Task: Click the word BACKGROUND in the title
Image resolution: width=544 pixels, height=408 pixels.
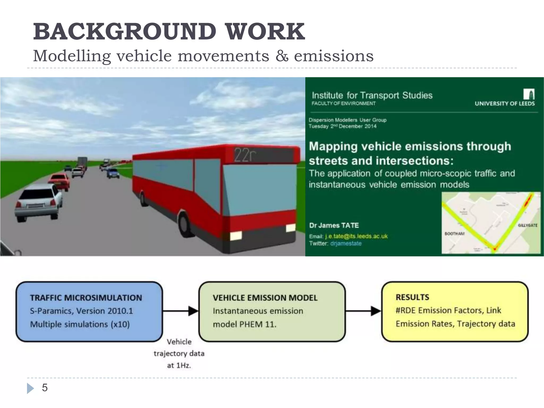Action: (x=125, y=32)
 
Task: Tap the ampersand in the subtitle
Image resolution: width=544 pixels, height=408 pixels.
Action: (x=282, y=56)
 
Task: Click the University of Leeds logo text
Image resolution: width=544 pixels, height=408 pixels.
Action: (x=504, y=104)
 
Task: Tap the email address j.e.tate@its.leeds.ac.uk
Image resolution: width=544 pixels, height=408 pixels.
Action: (x=356, y=236)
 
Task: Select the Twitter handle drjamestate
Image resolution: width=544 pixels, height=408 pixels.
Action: (x=346, y=244)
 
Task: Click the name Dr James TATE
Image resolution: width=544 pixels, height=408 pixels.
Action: (x=334, y=226)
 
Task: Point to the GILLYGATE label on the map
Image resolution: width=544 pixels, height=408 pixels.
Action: (x=527, y=225)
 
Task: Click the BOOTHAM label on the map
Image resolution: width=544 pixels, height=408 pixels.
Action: (x=454, y=234)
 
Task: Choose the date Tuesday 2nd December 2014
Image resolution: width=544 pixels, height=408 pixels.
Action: (x=342, y=126)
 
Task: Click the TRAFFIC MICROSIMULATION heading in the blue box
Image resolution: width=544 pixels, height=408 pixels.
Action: (x=86, y=298)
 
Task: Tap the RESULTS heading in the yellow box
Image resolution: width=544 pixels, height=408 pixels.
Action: (x=412, y=297)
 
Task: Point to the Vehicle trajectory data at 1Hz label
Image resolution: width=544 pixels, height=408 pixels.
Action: (x=179, y=354)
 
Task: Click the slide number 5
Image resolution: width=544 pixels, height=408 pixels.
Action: (x=45, y=388)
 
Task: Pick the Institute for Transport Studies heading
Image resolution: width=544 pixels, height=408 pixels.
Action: (x=372, y=95)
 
